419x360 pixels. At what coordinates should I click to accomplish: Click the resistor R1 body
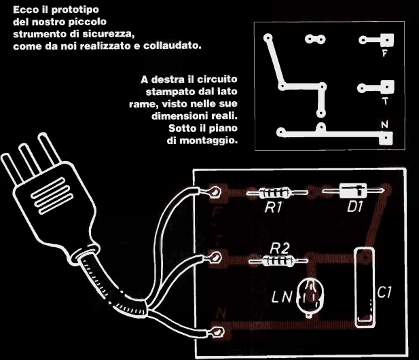click(274, 192)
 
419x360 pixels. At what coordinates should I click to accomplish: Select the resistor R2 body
click(278, 261)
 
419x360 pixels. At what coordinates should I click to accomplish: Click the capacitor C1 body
click(365, 287)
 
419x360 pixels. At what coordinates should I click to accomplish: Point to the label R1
click(273, 207)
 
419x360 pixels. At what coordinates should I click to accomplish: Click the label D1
click(355, 206)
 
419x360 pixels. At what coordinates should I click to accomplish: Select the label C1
click(384, 292)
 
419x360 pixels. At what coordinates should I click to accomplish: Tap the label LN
click(282, 297)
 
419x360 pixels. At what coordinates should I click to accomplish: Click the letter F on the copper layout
click(384, 54)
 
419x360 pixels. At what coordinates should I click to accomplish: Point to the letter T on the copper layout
click(385, 101)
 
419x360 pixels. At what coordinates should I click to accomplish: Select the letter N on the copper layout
click(384, 124)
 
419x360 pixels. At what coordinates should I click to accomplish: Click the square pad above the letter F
click(386, 40)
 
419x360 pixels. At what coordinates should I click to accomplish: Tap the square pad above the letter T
click(387, 87)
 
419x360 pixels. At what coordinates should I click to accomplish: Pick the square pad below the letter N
click(386, 138)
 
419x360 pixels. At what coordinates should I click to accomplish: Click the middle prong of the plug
click(29, 160)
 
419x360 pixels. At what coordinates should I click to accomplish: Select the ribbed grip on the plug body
click(52, 196)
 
